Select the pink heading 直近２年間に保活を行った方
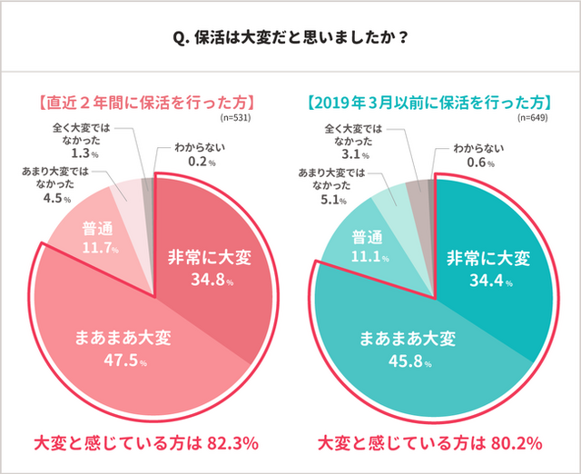[x=145, y=101]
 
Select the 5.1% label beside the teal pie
[x=338, y=200]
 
